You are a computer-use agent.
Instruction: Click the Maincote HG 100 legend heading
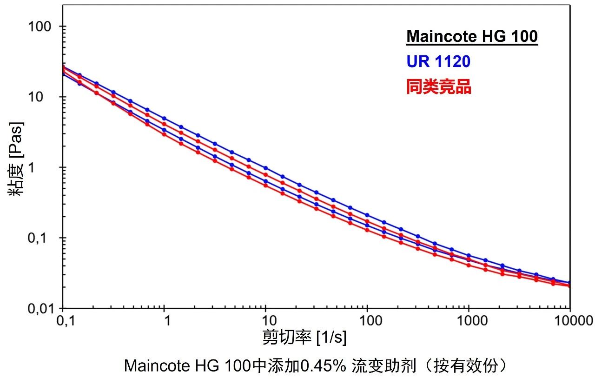coord(472,36)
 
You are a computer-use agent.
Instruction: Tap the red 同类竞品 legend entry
coord(438,87)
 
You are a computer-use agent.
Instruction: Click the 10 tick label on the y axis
coord(46,97)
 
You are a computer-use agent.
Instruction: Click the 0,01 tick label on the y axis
coord(40,309)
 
